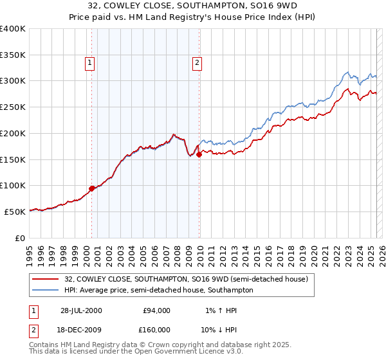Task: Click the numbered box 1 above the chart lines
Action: pos(89,63)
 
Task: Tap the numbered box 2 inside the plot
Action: pos(196,63)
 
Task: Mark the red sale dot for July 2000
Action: pos(92,188)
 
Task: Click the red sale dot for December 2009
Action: pos(199,154)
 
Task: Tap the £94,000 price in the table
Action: pos(156,310)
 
